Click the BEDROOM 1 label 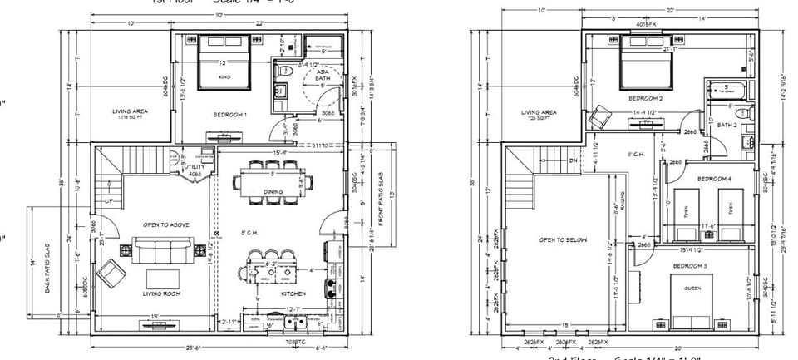230,114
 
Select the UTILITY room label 194,166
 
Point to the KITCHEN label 293,293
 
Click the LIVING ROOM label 164,293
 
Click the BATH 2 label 727,126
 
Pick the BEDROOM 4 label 714,179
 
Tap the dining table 273,182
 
